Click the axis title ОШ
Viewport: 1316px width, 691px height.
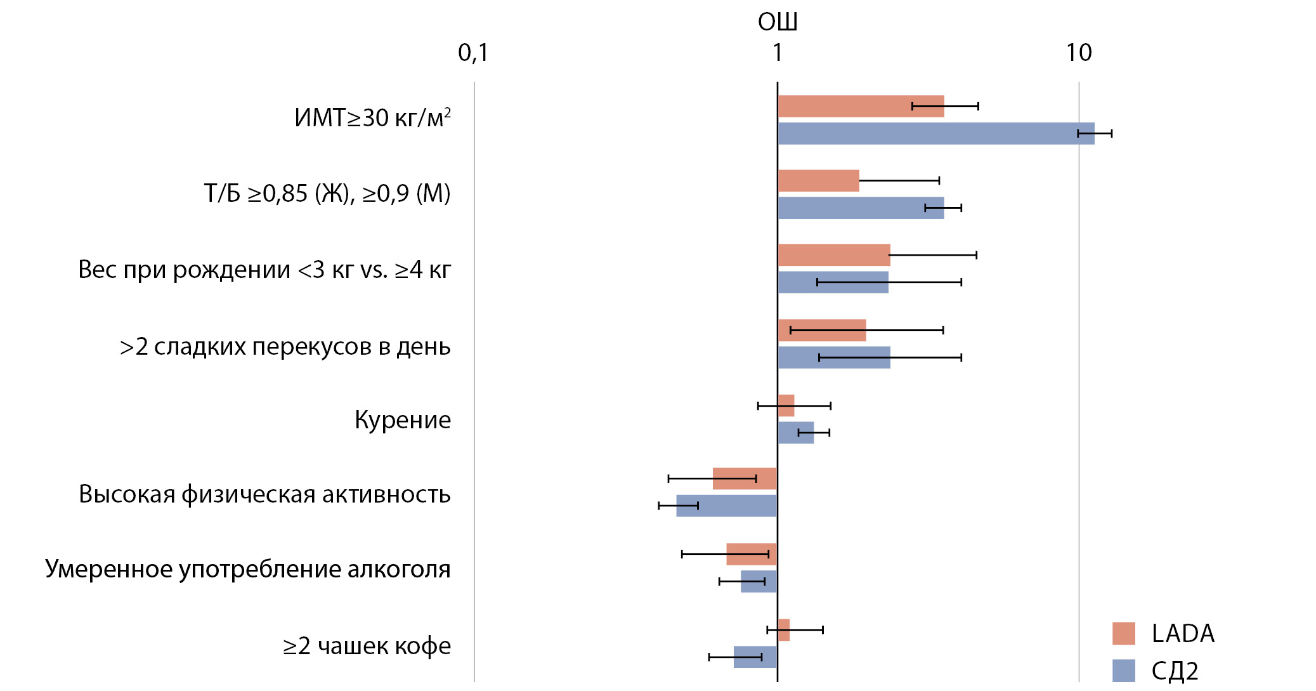[777, 22]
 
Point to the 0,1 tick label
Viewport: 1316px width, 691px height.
[473, 53]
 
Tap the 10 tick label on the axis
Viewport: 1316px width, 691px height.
[1078, 53]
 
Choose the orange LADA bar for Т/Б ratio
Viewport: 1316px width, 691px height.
[818, 181]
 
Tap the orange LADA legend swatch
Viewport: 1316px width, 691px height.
[1123, 633]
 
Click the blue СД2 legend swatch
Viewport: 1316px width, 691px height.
[1123, 671]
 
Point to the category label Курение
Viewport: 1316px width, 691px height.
[403, 420]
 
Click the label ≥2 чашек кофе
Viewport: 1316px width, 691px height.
[367, 646]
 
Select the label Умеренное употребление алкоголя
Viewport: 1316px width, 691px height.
[247, 569]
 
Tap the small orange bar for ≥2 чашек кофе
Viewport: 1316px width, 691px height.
[784, 629]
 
